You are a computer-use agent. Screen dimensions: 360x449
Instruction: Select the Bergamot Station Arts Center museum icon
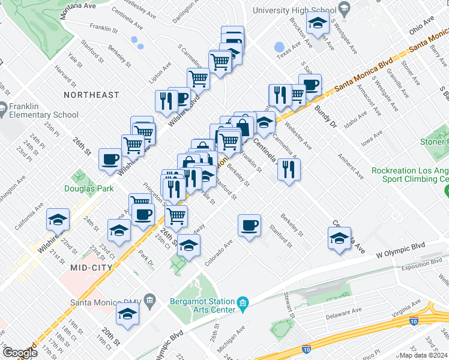[243, 304]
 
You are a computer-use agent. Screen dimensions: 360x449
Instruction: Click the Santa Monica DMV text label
[106, 302]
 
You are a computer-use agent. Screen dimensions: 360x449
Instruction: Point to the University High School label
[293, 10]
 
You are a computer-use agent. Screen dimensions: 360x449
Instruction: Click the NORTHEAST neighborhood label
[92, 95]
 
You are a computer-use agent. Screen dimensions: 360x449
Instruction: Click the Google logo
[19, 353]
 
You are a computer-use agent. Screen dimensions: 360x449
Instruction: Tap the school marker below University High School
[316, 24]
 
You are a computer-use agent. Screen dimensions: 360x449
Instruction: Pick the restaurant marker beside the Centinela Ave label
[289, 169]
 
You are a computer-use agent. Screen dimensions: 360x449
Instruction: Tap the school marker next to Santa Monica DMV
[127, 314]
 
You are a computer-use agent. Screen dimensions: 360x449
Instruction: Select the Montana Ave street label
[81, 5]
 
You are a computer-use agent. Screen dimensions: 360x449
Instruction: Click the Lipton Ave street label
[160, 76]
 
